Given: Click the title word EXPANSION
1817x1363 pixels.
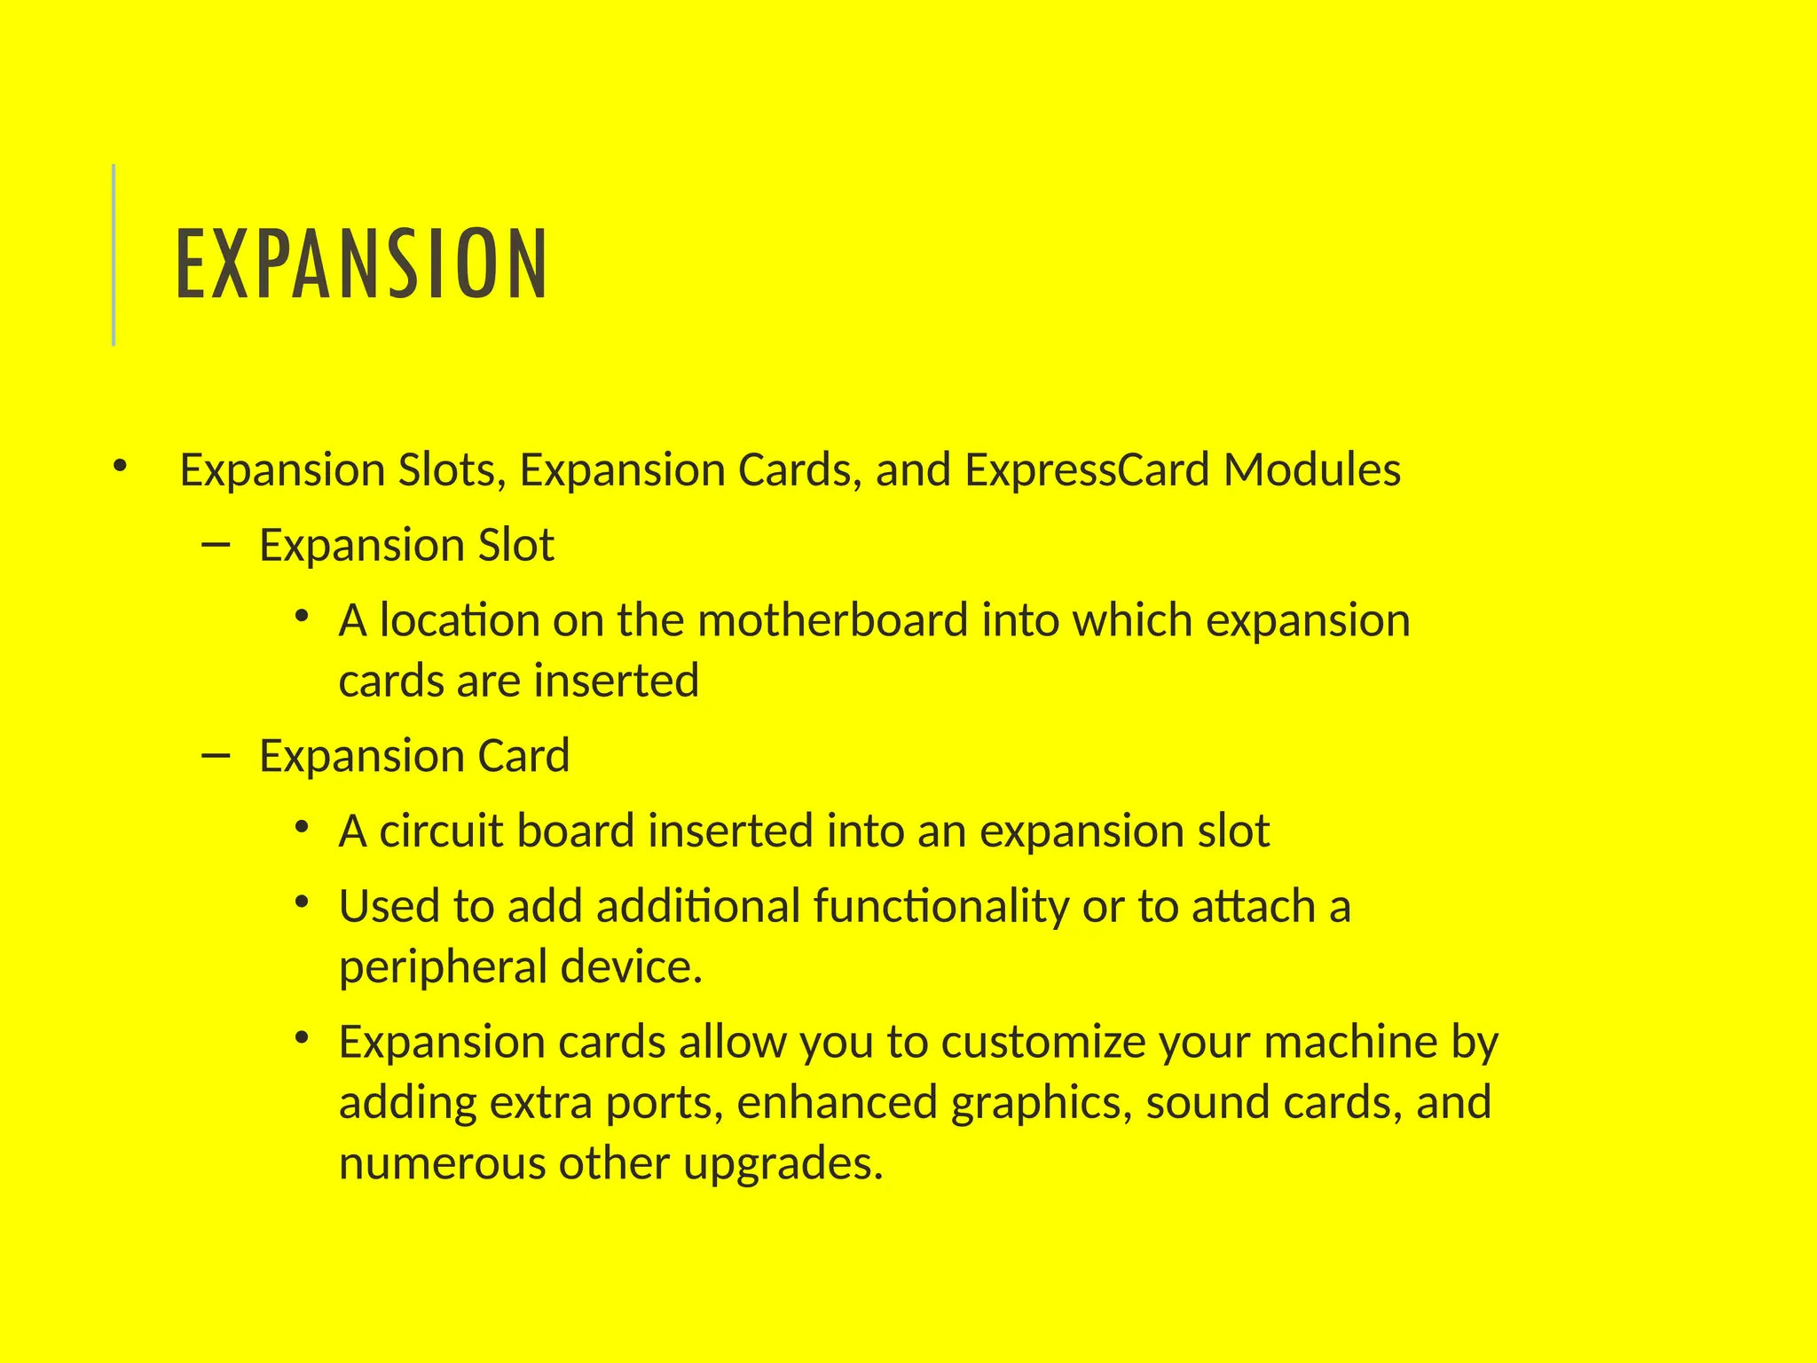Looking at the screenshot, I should point(362,264).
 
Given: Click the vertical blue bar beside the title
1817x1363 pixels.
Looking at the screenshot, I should point(114,255).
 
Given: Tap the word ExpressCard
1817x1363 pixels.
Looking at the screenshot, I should point(1087,469).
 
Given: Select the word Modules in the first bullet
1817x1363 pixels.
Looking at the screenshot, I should point(1312,469).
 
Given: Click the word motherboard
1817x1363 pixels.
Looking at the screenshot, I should point(832,620).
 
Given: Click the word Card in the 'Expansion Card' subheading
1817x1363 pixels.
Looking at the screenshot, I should point(523,756).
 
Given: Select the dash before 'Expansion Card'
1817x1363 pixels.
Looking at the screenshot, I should point(216,755).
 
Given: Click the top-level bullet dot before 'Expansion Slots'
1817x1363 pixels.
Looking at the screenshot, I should point(121,465).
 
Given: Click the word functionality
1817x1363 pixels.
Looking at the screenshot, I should point(941,907).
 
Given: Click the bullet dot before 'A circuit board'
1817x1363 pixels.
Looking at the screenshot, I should point(302,827).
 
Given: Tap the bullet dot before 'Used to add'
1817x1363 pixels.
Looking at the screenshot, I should point(302,902).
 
